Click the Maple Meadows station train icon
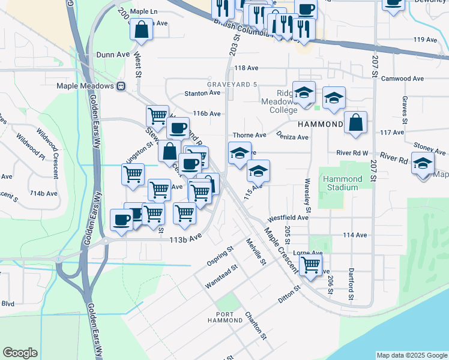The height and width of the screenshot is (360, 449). (121, 86)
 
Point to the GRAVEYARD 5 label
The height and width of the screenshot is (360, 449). (232, 85)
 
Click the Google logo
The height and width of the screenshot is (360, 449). (20, 353)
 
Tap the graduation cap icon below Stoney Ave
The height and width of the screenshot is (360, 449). (423, 163)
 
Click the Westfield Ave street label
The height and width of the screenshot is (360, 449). (288, 218)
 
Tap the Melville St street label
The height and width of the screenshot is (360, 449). (256, 251)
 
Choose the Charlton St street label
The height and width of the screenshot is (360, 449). (255, 326)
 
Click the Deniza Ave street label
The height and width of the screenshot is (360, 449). (292, 137)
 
